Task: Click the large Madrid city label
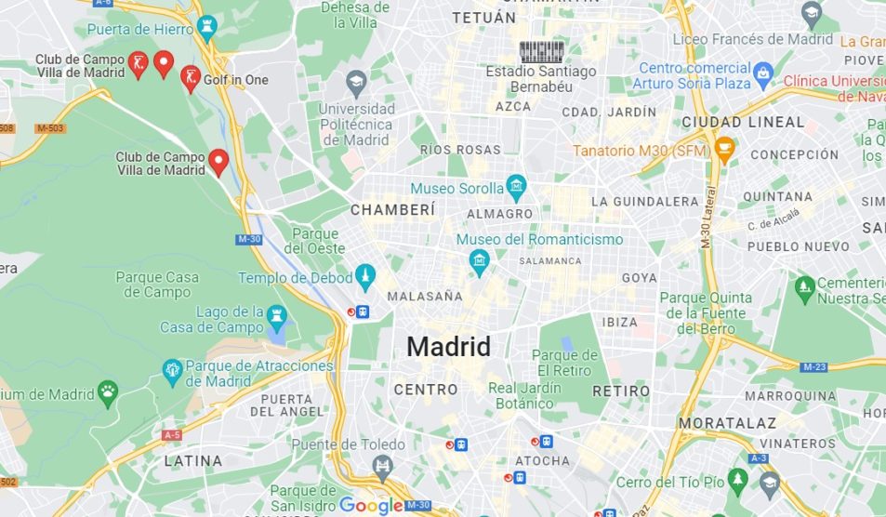coord(448,347)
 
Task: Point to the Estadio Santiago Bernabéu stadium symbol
coord(541,51)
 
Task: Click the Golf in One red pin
coord(190,79)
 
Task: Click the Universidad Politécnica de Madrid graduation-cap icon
coord(355,85)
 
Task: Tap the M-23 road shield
coord(813,367)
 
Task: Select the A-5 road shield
coord(172,434)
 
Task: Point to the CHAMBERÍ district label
coord(392,210)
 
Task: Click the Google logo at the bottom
coord(371,505)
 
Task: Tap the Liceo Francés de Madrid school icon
coord(813,13)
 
